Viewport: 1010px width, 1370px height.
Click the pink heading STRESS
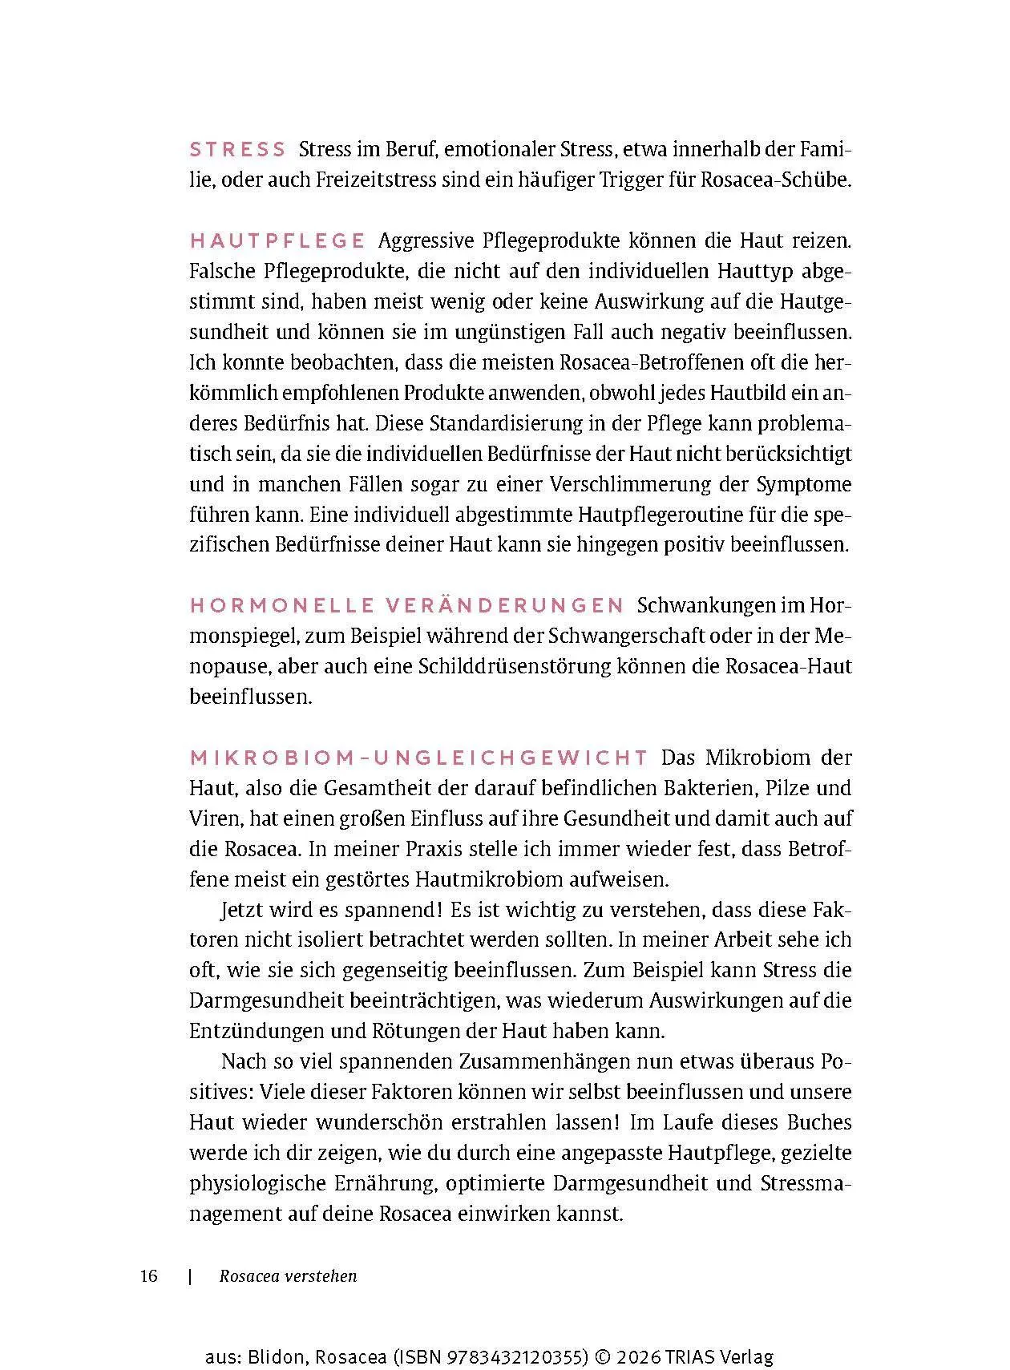coord(237,150)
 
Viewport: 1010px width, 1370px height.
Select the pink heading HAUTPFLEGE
coord(277,240)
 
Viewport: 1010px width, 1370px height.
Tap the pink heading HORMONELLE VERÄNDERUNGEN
coord(406,605)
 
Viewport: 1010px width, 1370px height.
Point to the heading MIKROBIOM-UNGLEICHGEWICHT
coord(418,758)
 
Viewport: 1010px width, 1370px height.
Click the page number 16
coord(149,1276)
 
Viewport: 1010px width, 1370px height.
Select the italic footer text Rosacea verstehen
coord(288,1276)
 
